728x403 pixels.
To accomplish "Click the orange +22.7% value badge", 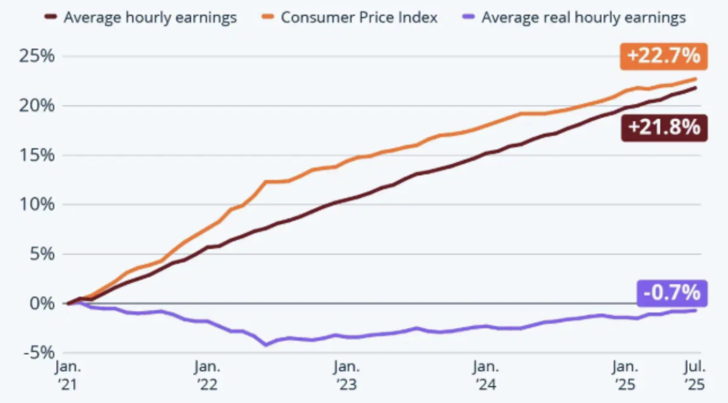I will [x=663, y=56].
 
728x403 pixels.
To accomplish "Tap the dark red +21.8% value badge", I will [x=664, y=127].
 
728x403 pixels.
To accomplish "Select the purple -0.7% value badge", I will [x=671, y=293].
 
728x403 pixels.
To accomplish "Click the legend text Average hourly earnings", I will [x=150, y=18].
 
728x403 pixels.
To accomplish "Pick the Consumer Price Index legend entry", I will [x=359, y=18].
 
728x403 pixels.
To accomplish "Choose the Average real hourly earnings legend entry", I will [x=583, y=18].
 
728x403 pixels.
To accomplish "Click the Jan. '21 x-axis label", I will [x=68, y=376].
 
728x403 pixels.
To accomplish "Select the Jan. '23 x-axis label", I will [x=346, y=376].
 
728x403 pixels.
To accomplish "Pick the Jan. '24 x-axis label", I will [x=486, y=376].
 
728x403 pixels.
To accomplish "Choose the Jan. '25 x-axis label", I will [x=625, y=376].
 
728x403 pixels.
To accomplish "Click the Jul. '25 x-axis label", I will [x=693, y=376].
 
